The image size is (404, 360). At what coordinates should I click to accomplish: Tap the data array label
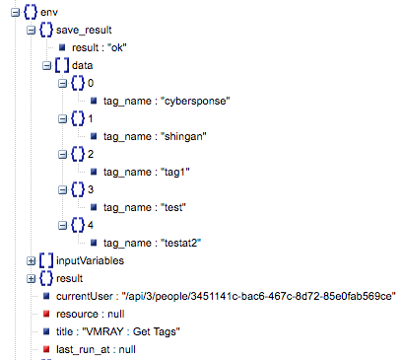coord(83,65)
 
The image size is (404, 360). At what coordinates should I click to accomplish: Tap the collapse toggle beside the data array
coord(48,65)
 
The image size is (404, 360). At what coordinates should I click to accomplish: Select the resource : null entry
coord(89,314)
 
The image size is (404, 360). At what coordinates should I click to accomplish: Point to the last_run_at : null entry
coord(96,349)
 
